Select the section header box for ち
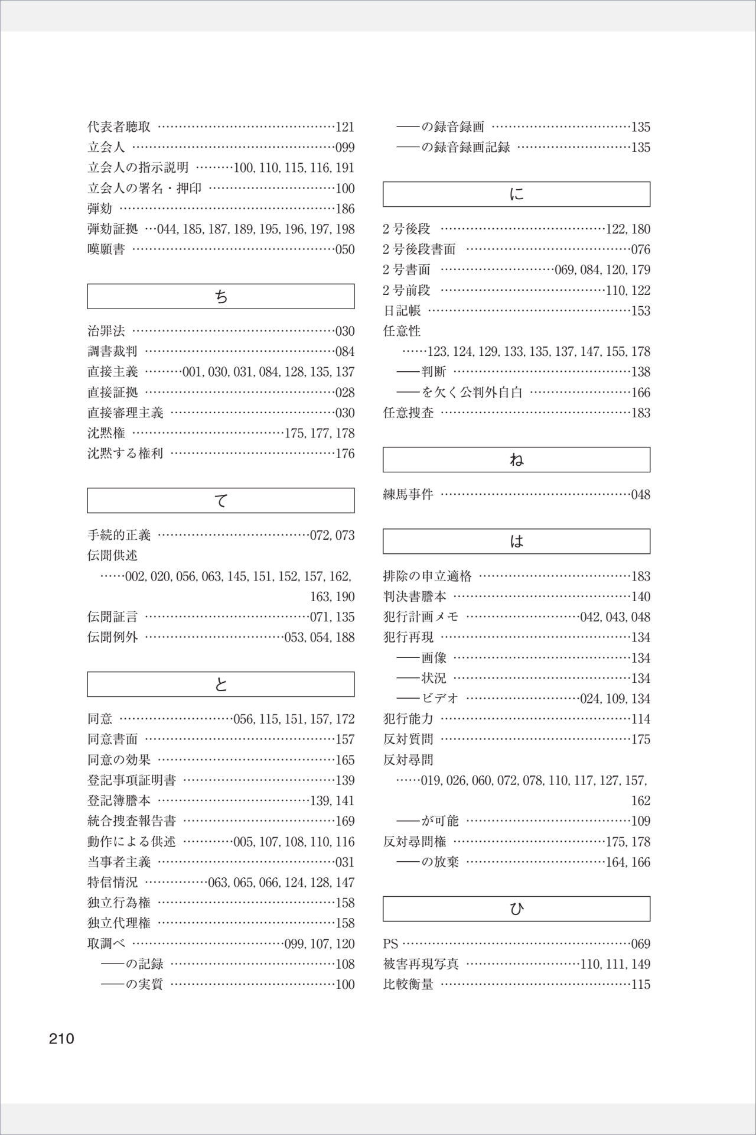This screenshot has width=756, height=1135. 220,296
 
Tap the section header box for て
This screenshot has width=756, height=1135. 220,500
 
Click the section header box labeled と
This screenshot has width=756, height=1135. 220,684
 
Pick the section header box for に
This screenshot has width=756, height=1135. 516,194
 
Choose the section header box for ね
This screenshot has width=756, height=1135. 516,459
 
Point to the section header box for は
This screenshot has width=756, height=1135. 516,541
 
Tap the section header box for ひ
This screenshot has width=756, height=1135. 516,909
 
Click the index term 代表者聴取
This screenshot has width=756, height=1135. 119,127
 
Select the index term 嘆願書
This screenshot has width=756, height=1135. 106,249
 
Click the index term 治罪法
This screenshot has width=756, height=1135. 106,331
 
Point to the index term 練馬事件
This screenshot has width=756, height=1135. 408,494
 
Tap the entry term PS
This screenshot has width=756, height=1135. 390,943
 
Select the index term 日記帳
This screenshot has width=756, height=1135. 402,310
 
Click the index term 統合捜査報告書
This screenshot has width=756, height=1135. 132,821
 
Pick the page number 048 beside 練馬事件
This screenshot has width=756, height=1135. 640,495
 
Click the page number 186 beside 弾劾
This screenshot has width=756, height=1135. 345,209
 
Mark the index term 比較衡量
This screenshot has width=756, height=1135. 408,984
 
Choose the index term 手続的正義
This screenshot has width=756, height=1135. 119,535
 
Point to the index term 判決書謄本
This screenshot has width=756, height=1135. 415,596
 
